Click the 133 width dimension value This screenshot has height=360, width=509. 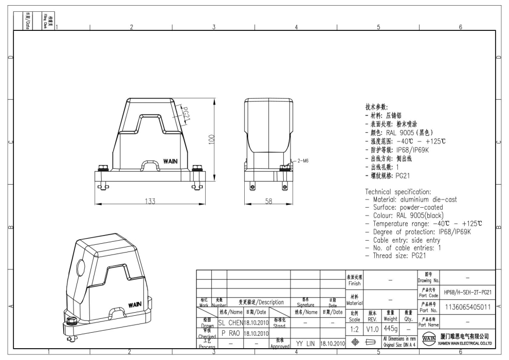click(149, 202)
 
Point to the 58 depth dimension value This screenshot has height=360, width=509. click(268, 202)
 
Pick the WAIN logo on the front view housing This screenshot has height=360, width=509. click(171, 161)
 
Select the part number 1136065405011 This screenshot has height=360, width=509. click(468, 307)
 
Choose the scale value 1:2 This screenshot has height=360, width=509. click(354, 328)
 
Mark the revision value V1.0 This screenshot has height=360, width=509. click(373, 328)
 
